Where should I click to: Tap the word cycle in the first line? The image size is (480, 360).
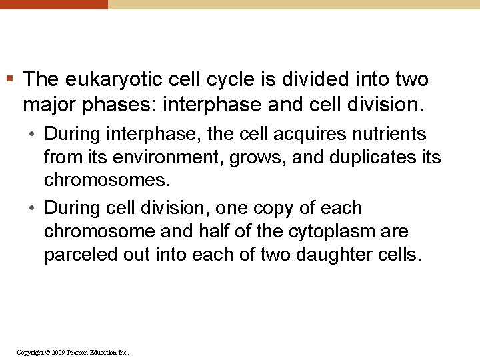(x=225, y=80)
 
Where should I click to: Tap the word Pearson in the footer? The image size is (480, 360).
(x=81, y=352)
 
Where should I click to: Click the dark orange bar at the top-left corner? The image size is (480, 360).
(x=53, y=4)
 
